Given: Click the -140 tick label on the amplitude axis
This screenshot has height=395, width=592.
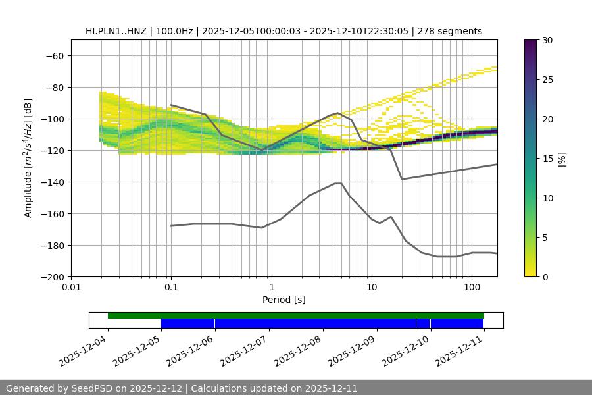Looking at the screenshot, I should point(54,182).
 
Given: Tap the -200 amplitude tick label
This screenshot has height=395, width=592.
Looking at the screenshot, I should point(54,276).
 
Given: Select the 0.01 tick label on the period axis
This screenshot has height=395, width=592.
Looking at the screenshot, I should point(71,288).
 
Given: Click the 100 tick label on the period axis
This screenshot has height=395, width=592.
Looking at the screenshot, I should point(472,288).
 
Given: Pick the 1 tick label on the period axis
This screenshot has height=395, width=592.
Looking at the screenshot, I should point(271,288).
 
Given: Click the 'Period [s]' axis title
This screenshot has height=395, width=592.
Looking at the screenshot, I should point(284,300).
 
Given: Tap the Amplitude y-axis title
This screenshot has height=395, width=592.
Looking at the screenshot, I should point(28,158).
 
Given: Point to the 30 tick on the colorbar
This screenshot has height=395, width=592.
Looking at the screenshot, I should point(547,40).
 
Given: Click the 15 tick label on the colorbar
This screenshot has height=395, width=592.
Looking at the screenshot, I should point(547,159).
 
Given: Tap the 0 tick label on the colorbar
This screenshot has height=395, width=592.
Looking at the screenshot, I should point(545,276).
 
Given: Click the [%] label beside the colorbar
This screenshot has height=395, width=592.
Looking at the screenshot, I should point(562,159).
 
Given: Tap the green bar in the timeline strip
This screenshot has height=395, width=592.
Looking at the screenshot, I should point(296,315).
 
